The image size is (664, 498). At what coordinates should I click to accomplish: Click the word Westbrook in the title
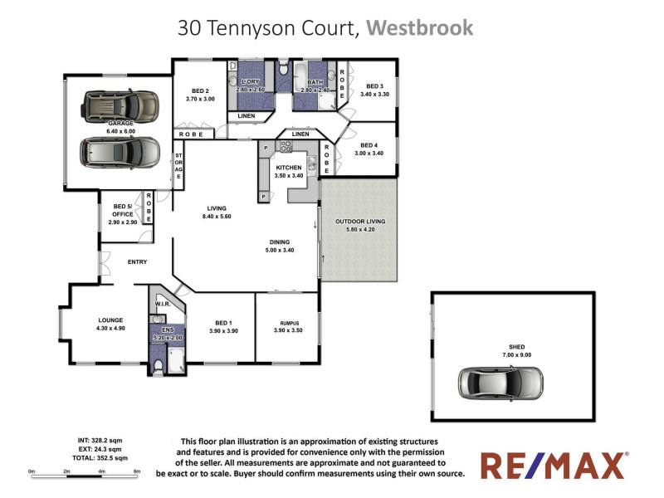point(419,27)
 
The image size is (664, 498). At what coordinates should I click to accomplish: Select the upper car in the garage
point(120,106)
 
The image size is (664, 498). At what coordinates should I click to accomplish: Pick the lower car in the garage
point(120,152)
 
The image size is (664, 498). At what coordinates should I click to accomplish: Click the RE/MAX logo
point(554,466)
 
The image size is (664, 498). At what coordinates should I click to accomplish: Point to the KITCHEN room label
point(289,167)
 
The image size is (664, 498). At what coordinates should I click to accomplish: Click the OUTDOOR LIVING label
point(359,222)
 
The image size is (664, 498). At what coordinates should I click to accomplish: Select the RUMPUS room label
point(286,323)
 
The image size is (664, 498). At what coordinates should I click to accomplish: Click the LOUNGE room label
point(110,319)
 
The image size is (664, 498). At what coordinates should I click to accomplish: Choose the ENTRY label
point(137,262)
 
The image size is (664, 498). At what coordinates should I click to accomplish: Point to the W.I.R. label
point(163,305)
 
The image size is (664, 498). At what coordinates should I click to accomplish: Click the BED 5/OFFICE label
point(123,210)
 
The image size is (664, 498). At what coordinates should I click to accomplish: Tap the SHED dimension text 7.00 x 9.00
point(516,354)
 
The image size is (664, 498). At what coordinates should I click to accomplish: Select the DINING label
point(279,242)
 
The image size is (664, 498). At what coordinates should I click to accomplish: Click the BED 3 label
point(374,86)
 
